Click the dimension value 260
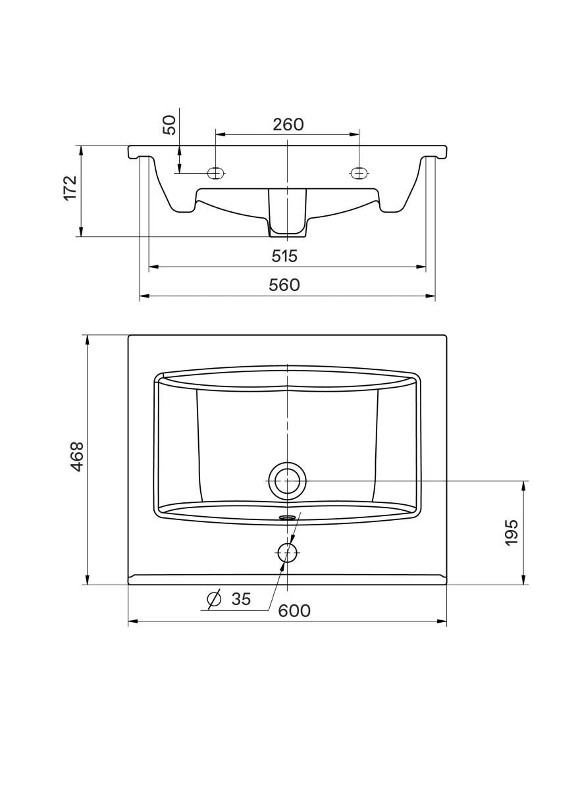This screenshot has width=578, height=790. coord(288,124)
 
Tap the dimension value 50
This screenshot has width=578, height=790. coord(170,124)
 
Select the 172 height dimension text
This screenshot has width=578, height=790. coord(70,188)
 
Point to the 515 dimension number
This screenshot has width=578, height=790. coord(284,255)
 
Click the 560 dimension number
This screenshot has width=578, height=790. coord(284,285)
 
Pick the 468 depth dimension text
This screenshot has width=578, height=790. coord(77,456)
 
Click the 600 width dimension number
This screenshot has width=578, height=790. coord(294,611)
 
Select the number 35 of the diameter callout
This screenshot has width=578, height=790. coord(241,599)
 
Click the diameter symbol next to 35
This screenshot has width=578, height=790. coord(214,598)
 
